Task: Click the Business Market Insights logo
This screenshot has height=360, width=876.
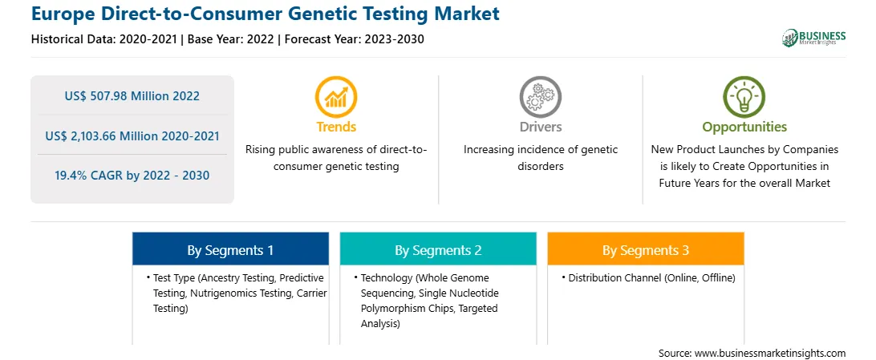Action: [x=813, y=38]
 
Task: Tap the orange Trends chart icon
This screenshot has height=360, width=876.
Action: [x=336, y=96]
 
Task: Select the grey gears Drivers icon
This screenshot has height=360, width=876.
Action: [x=540, y=96]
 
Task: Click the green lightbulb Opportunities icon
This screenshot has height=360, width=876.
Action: [x=744, y=96]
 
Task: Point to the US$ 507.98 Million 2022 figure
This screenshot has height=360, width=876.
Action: [x=132, y=96]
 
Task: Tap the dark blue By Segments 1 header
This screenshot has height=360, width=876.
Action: [x=231, y=250]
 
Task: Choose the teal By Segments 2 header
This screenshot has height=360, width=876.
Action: [x=438, y=250]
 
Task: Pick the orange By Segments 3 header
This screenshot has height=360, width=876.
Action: [x=646, y=250]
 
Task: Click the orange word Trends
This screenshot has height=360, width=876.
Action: [x=336, y=127]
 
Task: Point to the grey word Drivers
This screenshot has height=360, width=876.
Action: [x=541, y=127]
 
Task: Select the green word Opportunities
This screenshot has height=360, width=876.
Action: [x=744, y=127]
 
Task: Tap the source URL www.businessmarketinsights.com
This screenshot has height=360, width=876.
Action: [x=770, y=353]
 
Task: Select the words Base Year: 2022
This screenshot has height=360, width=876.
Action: [x=231, y=39]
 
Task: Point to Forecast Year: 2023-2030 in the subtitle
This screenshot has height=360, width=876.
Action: [x=352, y=39]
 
